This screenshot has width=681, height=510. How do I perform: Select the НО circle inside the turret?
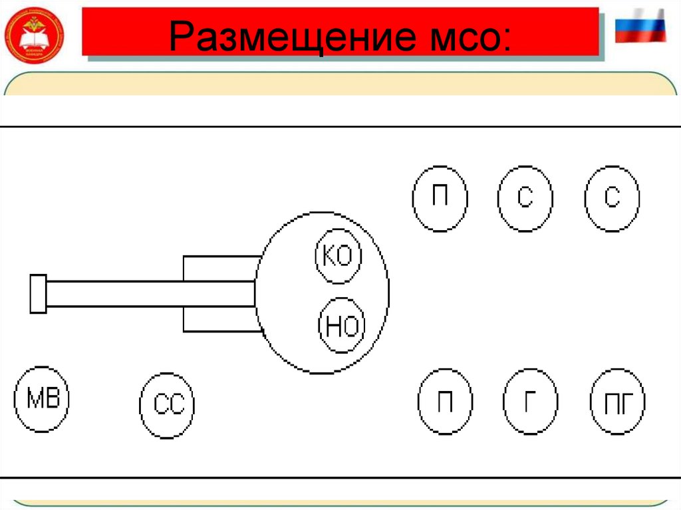pyautogui.click(x=342, y=325)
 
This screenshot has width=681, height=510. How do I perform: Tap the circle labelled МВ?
pyautogui.click(x=43, y=399)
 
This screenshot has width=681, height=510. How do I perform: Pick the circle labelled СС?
pyautogui.click(x=168, y=404)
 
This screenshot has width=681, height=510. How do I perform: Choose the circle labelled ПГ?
pyautogui.click(x=618, y=402)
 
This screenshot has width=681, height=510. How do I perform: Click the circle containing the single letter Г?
pyautogui.click(x=530, y=402)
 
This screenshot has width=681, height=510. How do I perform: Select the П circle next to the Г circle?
pyautogui.click(x=446, y=402)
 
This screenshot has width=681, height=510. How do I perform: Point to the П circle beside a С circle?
pyautogui.click(x=440, y=198)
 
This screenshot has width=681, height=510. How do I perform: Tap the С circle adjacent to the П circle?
pyautogui.click(x=525, y=198)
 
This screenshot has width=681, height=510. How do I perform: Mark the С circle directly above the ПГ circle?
pyautogui.click(x=612, y=198)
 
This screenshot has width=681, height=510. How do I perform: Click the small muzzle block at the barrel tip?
pyautogui.click(x=38, y=293)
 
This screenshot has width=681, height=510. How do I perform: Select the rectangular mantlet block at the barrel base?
pyautogui.click(x=219, y=293)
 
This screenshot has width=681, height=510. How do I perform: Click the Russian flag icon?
pyautogui.click(x=640, y=26)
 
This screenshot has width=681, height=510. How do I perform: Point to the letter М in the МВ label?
pyautogui.click(x=33, y=399)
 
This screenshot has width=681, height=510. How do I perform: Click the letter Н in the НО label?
pyautogui.click(x=333, y=326)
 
